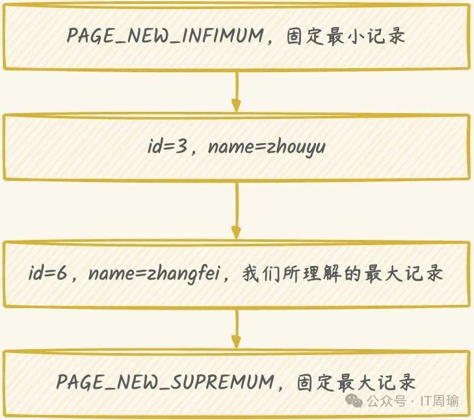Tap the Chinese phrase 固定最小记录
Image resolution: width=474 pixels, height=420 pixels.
345,36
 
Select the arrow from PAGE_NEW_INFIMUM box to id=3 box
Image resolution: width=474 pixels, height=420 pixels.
236,92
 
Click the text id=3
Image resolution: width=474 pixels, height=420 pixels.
168,148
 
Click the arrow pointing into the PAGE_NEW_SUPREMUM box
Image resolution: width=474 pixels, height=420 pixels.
236,330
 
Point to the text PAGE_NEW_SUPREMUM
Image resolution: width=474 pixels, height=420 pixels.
165,382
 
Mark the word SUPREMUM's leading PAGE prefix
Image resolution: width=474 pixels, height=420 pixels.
79,382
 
